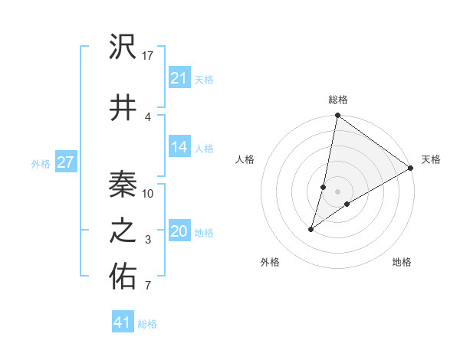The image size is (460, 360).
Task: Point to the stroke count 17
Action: coord(149,56)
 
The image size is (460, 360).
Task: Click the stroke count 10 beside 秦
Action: coord(149,193)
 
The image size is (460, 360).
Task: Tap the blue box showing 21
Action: coord(179,78)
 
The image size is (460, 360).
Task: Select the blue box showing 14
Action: coord(179,147)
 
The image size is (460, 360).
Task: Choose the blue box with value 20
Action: coord(179,232)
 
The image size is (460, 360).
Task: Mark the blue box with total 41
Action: coord(123,322)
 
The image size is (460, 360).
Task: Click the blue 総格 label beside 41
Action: coord(147,324)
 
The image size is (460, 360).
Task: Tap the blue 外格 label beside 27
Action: coord(41,163)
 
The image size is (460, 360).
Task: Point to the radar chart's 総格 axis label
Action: coord(338,100)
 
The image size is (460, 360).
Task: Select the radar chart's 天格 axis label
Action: coord(431,159)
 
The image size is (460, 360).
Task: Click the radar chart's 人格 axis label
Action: coord(245,159)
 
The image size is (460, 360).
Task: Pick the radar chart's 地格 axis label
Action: coord(402,262)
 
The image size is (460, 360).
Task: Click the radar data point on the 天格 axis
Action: coord(411,168)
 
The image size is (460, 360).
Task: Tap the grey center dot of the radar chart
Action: coord(338,191)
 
